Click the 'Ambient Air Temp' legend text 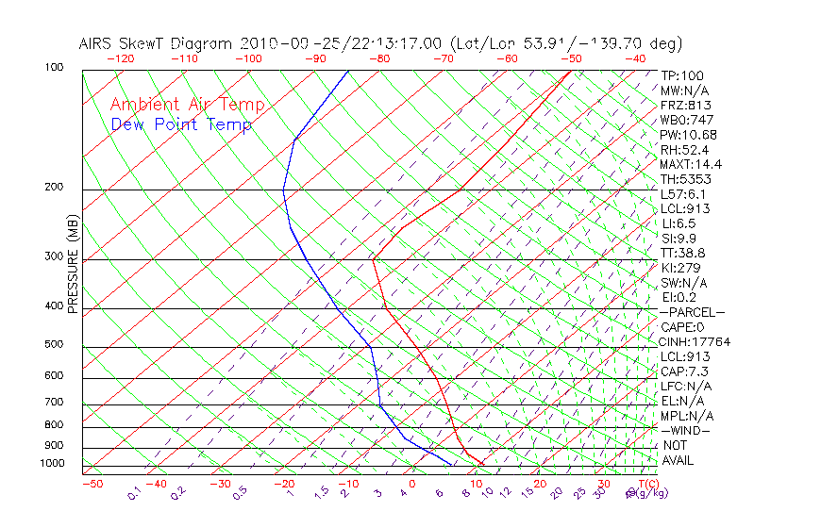point(187,106)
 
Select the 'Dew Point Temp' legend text point(181,124)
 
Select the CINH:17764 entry point(695,342)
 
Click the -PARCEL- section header point(693,312)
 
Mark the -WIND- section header point(686,430)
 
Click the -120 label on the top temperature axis point(120,58)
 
